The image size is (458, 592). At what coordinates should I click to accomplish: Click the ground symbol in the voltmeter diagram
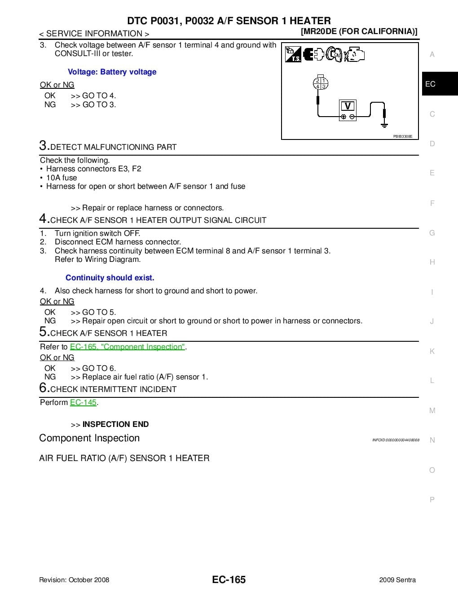click(x=384, y=123)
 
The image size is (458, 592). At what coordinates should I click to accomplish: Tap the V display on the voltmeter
click(x=348, y=106)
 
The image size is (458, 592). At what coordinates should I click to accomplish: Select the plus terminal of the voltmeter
click(x=343, y=117)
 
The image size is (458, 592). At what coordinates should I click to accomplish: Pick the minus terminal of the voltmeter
click(x=352, y=117)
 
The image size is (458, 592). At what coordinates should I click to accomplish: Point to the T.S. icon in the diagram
click(x=293, y=54)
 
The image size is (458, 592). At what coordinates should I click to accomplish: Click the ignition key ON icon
click(x=335, y=54)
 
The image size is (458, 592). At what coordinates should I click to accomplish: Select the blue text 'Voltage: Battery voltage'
click(x=112, y=72)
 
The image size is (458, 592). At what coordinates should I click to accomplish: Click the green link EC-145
click(x=83, y=402)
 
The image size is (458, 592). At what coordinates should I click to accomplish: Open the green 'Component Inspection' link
click(x=127, y=347)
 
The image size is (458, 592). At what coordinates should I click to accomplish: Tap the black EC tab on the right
click(x=430, y=84)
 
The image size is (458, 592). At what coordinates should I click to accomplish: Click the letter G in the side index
click(x=432, y=233)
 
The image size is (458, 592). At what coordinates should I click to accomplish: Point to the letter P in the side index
click(x=432, y=500)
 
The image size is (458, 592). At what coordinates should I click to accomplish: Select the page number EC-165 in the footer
click(x=229, y=579)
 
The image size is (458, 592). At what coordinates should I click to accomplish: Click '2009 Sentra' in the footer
click(x=397, y=580)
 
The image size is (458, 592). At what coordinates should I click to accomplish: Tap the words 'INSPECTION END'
click(x=115, y=424)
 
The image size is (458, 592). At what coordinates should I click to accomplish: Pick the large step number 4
click(x=44, y=218)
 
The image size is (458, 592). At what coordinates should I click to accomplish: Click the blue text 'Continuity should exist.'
click(x=110, y=278)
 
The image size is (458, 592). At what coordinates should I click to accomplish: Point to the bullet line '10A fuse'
click(x=62, y=178)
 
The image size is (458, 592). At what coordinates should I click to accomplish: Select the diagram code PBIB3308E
click(x=402, y=136)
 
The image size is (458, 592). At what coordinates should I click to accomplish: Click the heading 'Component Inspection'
click(x=89, y=438)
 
